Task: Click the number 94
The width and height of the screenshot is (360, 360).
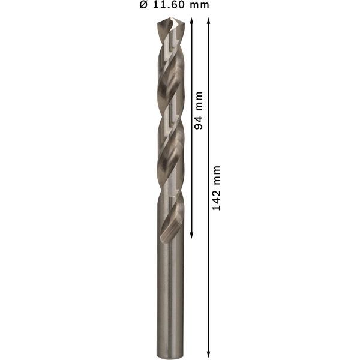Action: [200, 122]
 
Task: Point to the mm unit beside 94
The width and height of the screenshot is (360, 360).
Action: [200, 100]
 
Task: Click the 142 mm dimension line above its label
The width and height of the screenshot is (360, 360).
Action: [209, 90]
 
